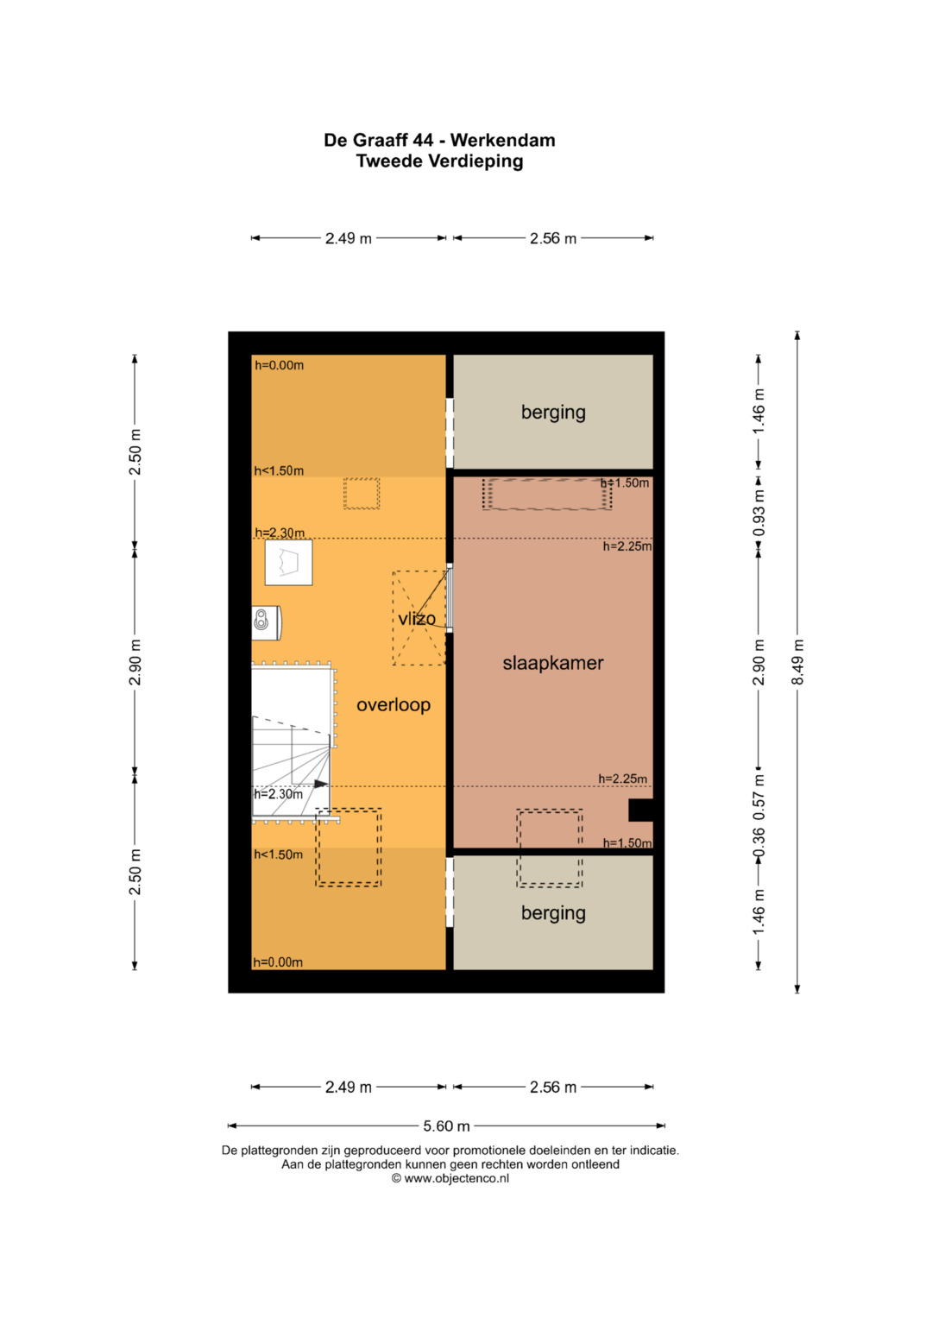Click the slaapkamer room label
pos(552,663)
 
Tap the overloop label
pos(393,705)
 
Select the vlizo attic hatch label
pos(417,618)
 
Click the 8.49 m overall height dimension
pos(797,662)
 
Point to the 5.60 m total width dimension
pos(447,1126)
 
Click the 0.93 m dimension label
pos(759,513)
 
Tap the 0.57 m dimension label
pos(759,791)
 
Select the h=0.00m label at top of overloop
pos(279,365)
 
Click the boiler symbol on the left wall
pos(266,622)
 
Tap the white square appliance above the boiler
pos(288,563)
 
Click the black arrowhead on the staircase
pos(321,784)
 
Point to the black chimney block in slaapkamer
pos(640,810)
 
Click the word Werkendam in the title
pos(502,140)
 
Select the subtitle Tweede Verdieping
pos(439,161)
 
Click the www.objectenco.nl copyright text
pos(450,1178)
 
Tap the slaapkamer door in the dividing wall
pos(449,598)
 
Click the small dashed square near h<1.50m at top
pos(362,494)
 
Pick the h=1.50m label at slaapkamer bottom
pos(627,843)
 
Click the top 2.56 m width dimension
pos(553,238)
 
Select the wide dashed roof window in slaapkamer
pos(547,494)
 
